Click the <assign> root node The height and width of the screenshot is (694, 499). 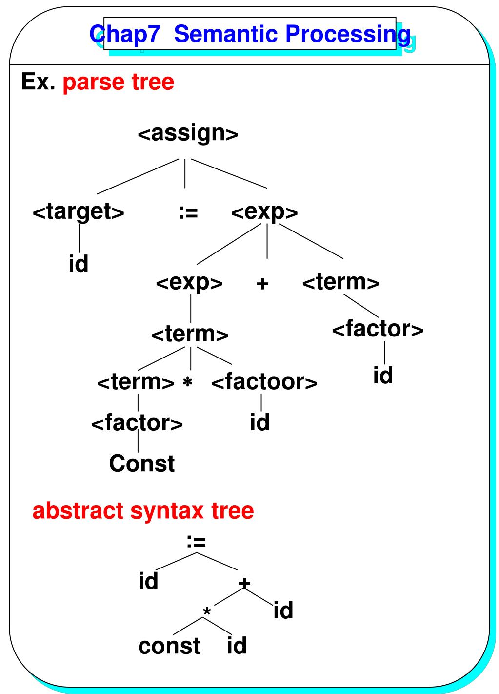(x=188, y=133)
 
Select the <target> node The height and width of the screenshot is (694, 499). (x=79, y=212)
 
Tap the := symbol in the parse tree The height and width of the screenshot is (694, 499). (x=188, y=212)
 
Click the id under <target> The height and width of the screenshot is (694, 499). (x=79, y=264)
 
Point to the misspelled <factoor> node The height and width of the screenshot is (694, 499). (x=264, y=381)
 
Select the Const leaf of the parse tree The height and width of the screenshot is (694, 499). (x=141, y=463)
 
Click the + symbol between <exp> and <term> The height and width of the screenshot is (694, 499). (x=262, y=283)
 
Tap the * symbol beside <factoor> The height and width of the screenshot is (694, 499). (x=187, y=383)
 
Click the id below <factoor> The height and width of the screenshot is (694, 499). (x=259, y=422)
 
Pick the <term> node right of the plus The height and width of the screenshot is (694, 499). (x=340, y=282)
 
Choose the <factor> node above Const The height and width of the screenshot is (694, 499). (x=137, y=422)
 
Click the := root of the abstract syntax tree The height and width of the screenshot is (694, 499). (x=196, y=541)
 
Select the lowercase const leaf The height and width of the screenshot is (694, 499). (x=169, y=646)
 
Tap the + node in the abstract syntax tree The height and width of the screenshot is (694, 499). (x=244, y=583)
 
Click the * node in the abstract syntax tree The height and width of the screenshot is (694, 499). (x=207, y=612)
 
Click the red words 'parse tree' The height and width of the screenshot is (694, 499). (x=119, y=82)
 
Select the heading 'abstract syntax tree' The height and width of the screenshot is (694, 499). (x=143, y=511)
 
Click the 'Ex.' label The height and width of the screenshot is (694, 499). (x=38, y=82)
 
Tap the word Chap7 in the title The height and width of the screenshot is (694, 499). (x=125, y=34)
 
